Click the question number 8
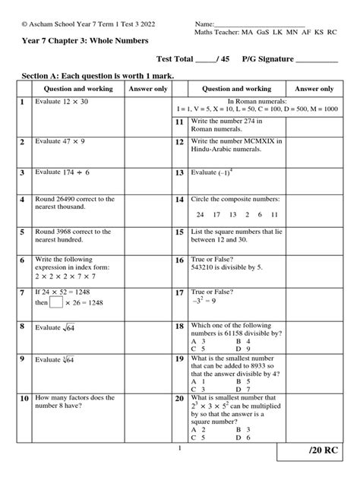[24, 327]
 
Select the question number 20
[179, 398]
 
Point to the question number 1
[24, 102]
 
